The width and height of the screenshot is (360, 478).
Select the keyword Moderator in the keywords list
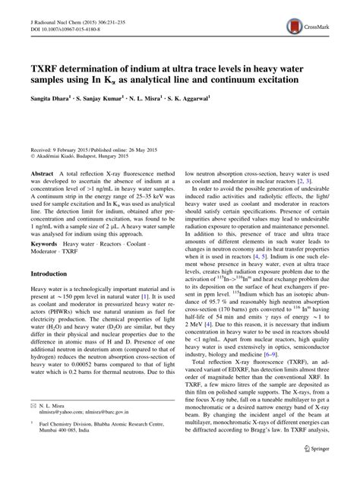tap(43, 249)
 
